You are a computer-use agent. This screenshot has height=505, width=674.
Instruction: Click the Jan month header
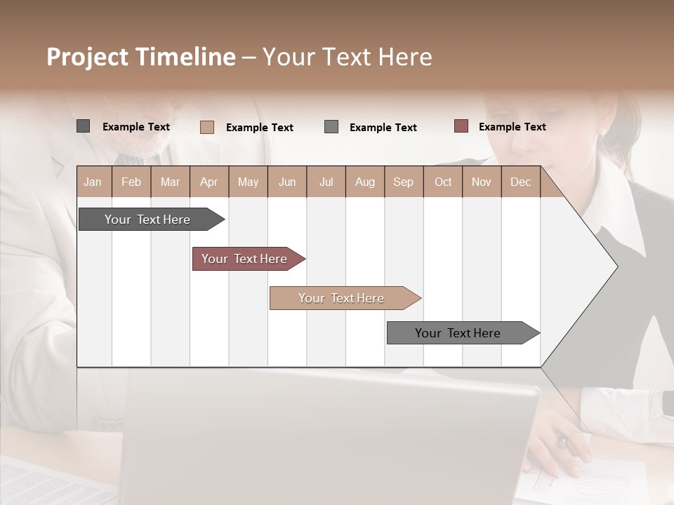click(93, 182)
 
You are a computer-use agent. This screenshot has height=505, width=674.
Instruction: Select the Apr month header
click(209, 182)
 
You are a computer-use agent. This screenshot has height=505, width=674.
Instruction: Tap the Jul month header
click(326, 182)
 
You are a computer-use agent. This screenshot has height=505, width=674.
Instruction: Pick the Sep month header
click(403, 182)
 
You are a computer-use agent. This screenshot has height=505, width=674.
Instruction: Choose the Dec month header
click(520, 182)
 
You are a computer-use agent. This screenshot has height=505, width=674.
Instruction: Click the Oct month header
click(443, 182)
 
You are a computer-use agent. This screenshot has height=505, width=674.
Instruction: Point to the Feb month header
click(131, 182)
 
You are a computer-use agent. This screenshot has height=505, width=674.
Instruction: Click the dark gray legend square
click(83, 126)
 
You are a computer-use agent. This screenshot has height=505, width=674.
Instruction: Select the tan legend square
click(206, 127)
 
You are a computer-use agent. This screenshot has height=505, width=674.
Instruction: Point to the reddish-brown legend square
click(461, 126)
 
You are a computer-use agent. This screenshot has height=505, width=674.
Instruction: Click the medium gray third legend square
click(331, 127)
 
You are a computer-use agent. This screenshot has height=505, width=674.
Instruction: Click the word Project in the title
click(86, 57)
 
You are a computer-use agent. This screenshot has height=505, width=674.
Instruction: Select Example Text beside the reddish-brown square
click(512, 127)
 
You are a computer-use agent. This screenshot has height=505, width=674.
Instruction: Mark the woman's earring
click(602, 131)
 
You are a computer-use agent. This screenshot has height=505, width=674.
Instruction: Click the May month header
click(248, 182)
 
